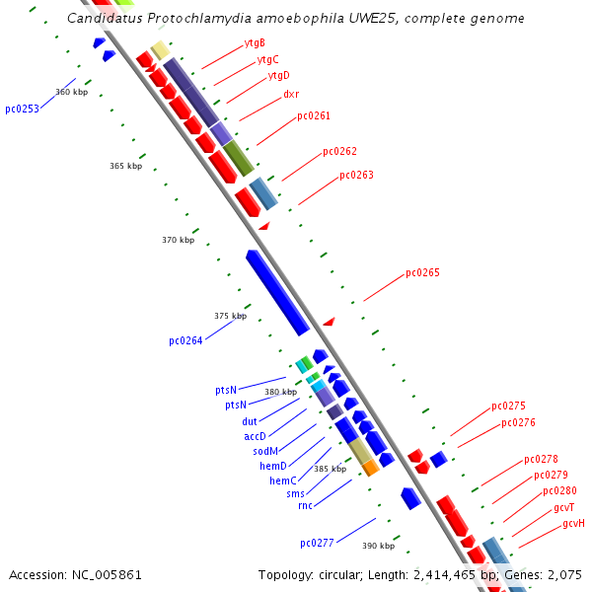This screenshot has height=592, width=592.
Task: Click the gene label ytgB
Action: [255, 42]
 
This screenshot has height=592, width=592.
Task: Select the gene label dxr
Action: [291, 95]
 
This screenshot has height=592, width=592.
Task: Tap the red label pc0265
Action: [422, 273]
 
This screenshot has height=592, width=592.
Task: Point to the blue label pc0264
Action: [185, 341]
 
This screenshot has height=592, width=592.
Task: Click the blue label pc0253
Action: [22, 109]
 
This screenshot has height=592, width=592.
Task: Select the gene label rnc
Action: [305, 506]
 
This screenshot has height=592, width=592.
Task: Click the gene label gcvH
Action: [573, 523]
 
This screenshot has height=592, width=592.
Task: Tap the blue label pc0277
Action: [318, 543]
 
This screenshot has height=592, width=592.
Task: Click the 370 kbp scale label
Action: [179, 240]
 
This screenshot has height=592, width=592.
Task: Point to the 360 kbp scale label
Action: [71, 92]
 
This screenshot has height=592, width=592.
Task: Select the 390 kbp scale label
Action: [378, 546]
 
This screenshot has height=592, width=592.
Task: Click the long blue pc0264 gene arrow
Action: [277, 292]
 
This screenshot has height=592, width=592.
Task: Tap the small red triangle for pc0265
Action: [330, 321]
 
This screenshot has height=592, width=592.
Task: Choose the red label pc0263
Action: [356, 176]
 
